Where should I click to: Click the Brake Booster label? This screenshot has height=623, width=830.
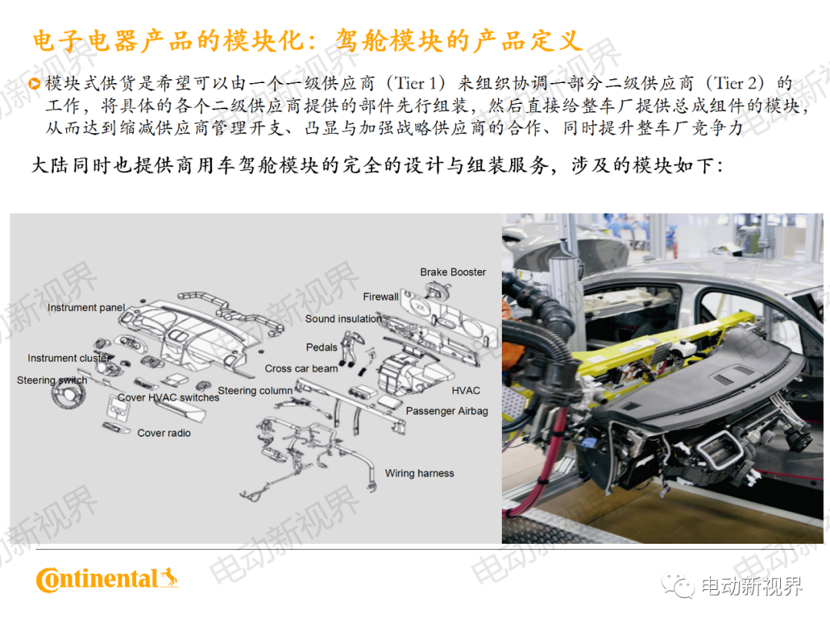pyautogui.click(x=453, y=272)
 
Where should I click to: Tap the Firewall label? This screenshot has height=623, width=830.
pyautogui.click(x=380, y=297)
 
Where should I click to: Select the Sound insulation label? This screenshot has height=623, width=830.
pyautogui.click(x=343, y=319)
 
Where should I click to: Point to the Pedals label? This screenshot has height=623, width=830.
pyautogui.click(x=322, y=348)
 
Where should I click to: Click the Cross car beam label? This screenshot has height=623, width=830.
pyautogui.click(x=301, y=369)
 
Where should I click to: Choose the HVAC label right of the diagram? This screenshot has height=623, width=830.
pyautogui.click(x=466, y=391)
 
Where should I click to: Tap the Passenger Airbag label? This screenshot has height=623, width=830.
pyautogui.click(x=447, y=411)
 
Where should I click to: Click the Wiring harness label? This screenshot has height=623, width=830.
pyautogui.click(x=419, y=474)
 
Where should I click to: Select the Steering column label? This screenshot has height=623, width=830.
pyautogui.click(x=255, y=391)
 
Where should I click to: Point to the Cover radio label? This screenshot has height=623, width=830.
pyautogui.click(x=164, y=434)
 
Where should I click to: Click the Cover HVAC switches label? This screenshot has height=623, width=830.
pyautogui.click(x=168, y=398)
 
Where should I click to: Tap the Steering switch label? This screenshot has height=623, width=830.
pyautogui.click(x=51, y=381)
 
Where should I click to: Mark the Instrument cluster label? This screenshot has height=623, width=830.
pyautogui.click(x=69, y=358)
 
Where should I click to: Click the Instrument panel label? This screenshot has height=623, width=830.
pyautogui.click(x=86, y=308)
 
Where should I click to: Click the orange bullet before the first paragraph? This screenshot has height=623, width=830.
pyautogui.click(x=35, y=84)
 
